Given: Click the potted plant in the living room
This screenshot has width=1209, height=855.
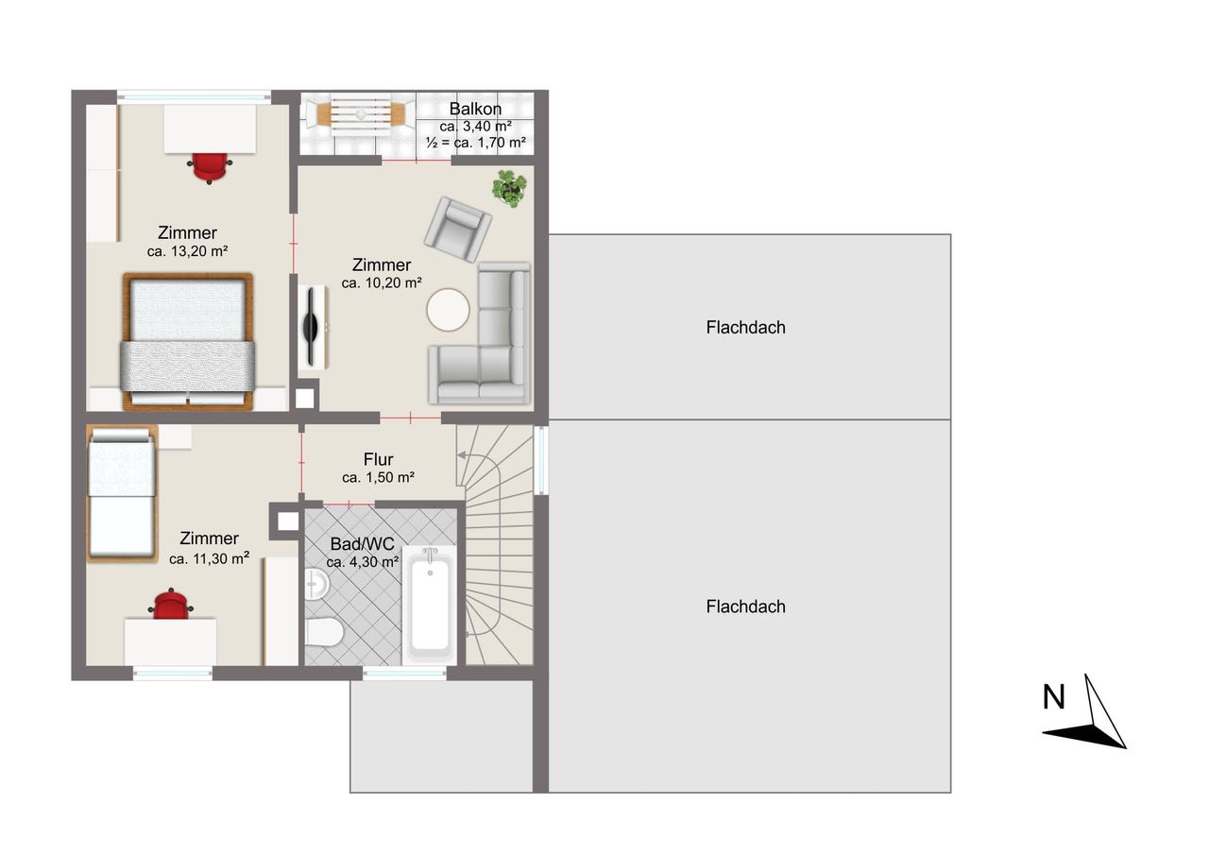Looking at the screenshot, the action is pos(509,188).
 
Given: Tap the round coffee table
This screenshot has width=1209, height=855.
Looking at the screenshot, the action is pos(448,309).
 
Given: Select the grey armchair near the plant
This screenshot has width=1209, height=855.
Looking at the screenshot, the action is pos(458,230).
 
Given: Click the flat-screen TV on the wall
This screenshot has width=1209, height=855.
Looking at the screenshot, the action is pos(312,327).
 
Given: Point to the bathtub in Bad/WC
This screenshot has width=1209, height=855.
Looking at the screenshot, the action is pos(430,605).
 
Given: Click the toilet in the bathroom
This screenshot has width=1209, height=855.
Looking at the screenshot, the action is pos(324,631).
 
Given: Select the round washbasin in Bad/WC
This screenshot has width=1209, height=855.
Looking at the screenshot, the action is pos(316,584).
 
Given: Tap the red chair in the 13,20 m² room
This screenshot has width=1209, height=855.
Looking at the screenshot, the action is pos(210,167).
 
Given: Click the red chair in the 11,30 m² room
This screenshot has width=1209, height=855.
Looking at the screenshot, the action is pos(171,604).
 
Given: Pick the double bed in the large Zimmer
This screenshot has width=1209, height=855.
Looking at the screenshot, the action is pos(188,341).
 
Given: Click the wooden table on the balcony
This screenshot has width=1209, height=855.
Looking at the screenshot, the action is pos(361,114).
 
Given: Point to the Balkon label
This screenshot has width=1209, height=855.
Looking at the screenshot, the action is pos(475,109).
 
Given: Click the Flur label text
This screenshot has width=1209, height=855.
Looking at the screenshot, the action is pos(378,459).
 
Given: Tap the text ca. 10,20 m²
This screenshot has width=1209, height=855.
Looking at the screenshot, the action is pos(382,282).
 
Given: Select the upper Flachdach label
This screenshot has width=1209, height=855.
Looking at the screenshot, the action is pos(745,328).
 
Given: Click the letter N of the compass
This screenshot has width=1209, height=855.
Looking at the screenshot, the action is pos(1053,697).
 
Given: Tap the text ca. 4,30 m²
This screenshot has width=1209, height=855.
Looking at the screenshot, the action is pos(363,562).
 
